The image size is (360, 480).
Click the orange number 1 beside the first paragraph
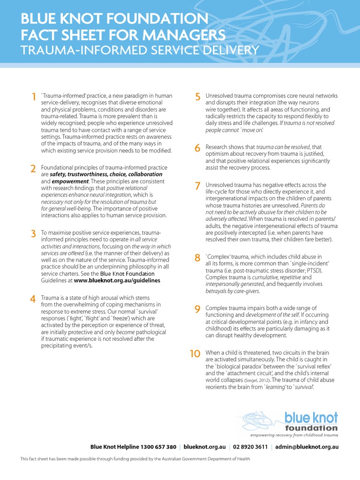point(33,97)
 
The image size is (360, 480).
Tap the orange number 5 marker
point(198,97)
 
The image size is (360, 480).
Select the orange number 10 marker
point(195,354)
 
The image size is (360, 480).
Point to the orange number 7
point(198,186)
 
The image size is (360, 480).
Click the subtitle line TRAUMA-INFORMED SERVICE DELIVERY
point(140,50)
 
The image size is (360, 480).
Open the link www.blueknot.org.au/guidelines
point(117,280)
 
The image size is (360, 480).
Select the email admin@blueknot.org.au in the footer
point(307,447)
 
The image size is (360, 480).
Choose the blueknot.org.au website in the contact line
point(205,447)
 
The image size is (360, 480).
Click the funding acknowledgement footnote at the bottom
point(134,459)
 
